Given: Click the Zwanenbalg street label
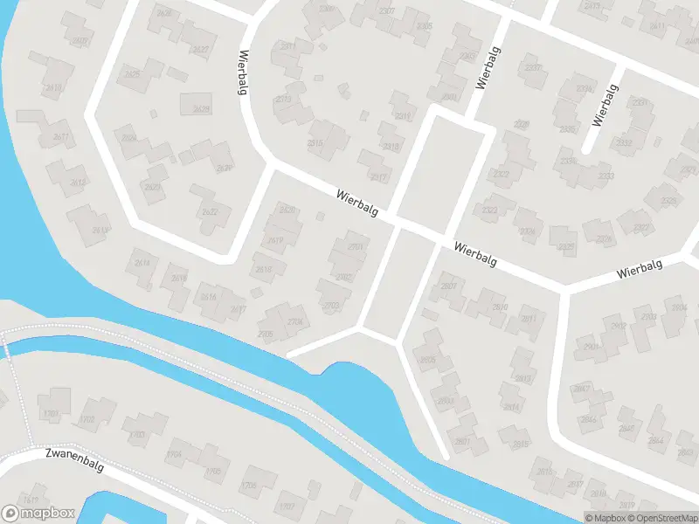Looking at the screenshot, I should [75, 461].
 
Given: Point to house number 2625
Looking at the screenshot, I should [133, 74].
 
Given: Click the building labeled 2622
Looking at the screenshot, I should [210, 211].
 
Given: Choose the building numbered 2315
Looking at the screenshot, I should [315, 143].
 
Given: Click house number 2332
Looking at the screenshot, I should [624, 141].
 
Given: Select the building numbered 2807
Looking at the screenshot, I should [449, 286].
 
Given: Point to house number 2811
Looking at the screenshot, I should [529, 319].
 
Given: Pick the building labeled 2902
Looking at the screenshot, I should [619, 326].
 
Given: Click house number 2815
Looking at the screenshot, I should [522, 445].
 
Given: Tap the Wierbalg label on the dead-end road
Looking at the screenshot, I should [605, 106].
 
